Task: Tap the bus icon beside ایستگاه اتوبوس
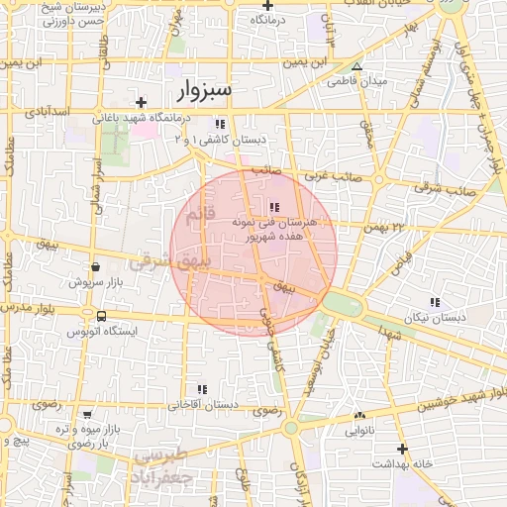(x=101, y=316)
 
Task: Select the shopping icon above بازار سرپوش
(x=95, y=266)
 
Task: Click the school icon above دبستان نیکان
(x=434, y=301)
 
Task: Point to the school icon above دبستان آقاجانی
(x=203, y=389)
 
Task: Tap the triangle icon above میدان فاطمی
(x=357, y=66)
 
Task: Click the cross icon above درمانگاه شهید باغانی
(x=142, y=102)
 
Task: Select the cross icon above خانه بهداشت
(x=402, y=449)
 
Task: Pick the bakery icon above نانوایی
(x=358, y=416)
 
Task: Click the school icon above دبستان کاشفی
(x=220, y=124)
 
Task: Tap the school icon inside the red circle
(x=273, y=206)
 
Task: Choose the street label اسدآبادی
(x=48, y=113)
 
